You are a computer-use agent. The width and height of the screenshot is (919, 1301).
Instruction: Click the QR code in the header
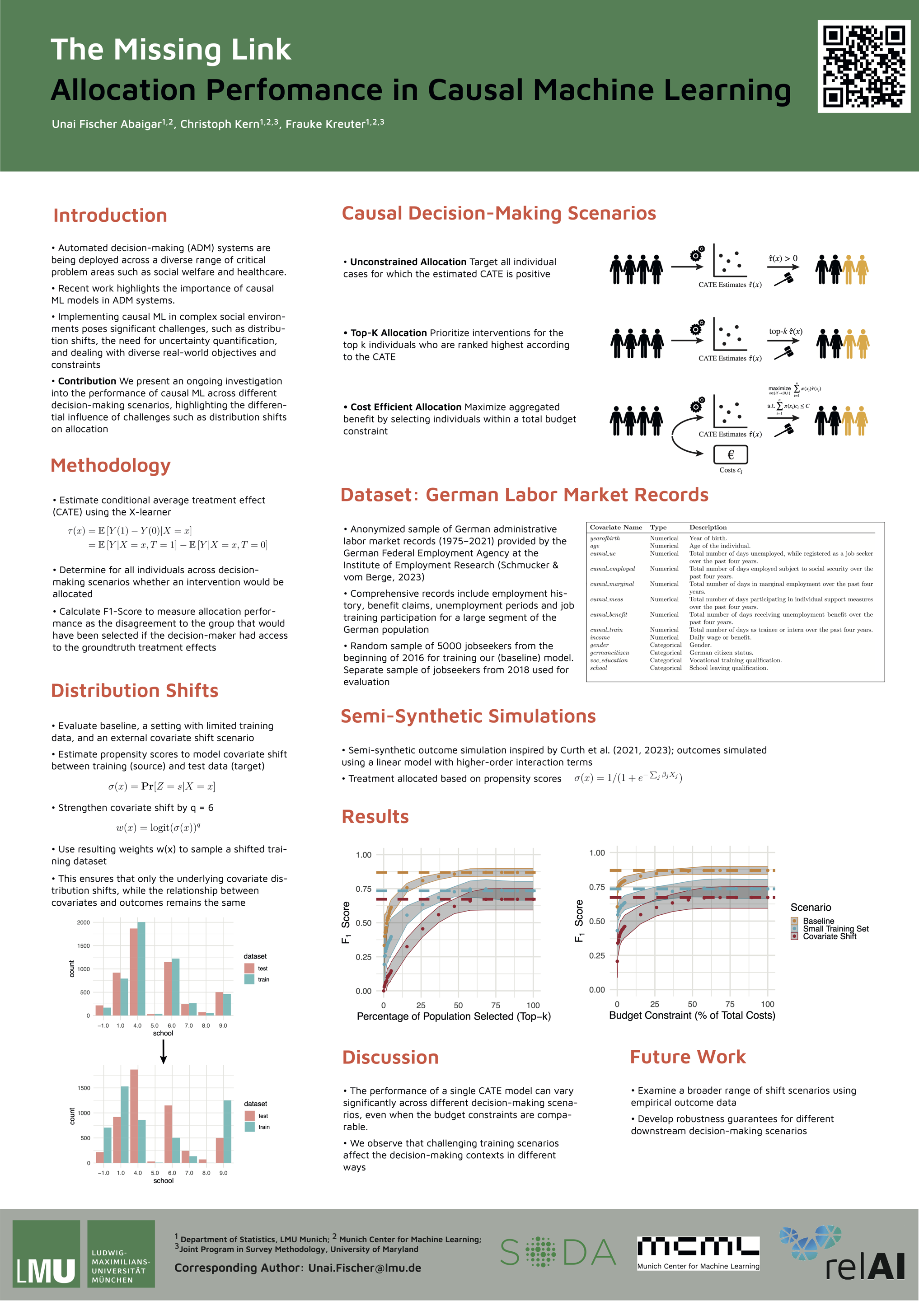tap(863, 66)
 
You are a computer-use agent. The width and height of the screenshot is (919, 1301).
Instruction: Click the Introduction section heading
tap(110, 215)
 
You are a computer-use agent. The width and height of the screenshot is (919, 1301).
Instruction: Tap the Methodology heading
tap(111, 465)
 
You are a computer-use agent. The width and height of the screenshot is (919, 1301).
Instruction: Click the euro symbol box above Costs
tap(730, 454)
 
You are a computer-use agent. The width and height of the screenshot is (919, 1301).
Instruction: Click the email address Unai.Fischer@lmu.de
tap(364, 1268)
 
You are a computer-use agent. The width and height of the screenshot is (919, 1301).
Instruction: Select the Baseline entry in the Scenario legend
tap(818, 921)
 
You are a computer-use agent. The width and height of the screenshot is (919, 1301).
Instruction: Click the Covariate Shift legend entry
tap(829, 936)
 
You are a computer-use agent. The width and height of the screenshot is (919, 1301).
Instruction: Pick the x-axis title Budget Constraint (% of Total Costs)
tap(692, 1016)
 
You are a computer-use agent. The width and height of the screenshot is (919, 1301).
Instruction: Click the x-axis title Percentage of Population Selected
tap(453, 1016)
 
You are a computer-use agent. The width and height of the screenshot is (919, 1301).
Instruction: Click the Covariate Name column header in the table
tap(616, 527)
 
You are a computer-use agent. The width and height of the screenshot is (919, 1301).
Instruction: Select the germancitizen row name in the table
tap(609, 653)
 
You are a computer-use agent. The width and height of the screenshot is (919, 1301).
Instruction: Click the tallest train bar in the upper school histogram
tap(141, 969)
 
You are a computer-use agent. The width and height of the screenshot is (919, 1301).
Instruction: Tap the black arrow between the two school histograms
tap(163, 1052)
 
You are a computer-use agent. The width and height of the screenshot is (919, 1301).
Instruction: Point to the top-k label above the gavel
tap(785, 332)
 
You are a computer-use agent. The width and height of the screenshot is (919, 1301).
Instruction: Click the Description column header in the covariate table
tap(708, 527)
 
